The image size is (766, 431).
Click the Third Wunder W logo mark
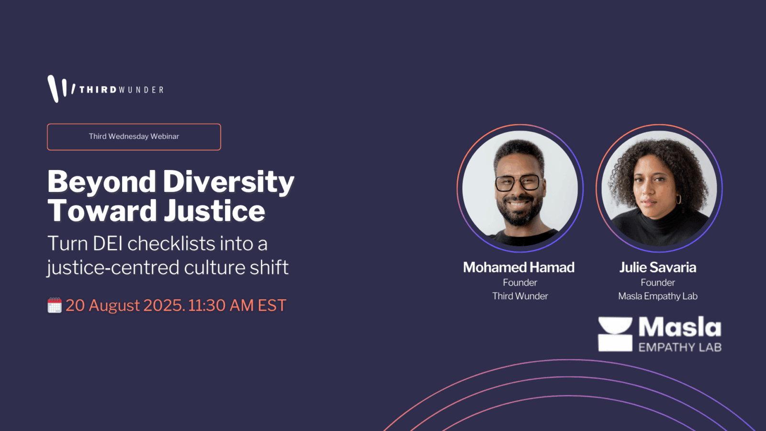[60, 88]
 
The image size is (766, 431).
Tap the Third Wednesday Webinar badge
[134, 137]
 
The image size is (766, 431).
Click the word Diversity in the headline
[228, 181]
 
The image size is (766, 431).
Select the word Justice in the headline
[214, 210]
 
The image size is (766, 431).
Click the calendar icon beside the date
[55, 305]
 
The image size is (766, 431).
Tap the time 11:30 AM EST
[237, 305]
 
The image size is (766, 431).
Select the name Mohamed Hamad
[519, 267]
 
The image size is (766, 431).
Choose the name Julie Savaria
[658, 267]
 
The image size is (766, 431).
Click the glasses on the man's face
[517, 182]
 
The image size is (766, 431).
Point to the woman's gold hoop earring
[678, 199]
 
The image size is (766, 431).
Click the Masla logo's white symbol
[615, 334]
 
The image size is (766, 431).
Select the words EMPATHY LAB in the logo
[680, 347]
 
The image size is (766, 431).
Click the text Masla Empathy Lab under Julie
[658, 296]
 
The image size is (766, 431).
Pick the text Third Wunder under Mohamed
[520, 296]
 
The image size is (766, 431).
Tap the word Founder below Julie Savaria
[658, 283]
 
